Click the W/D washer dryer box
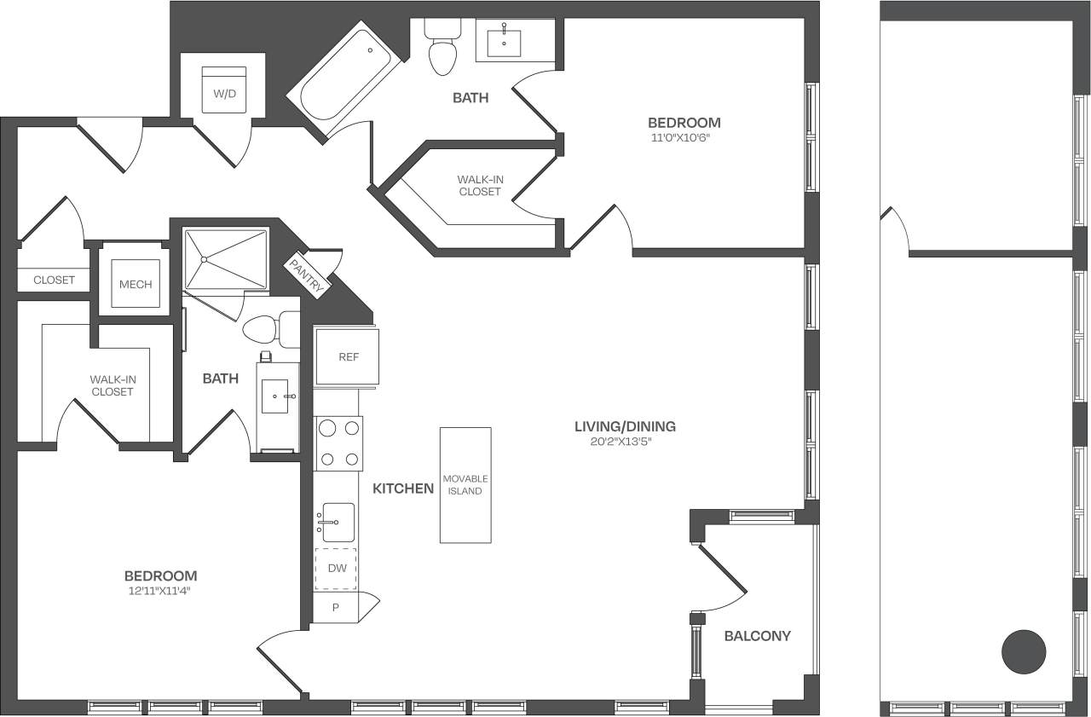click(224, 90)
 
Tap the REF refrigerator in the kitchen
click(347, 357)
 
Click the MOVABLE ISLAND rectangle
click(465, 485)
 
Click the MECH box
click(136, 284)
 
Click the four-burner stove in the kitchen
click(338, 443)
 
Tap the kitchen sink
click(337, 522)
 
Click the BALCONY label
click(757, 636)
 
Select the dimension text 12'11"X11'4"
click(160, 591)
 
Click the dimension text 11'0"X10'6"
click(684, 136)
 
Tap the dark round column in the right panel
click(1023, 652)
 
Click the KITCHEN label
click(403, 489)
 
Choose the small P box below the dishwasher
click(336, 608)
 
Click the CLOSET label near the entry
click(54, 280)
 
